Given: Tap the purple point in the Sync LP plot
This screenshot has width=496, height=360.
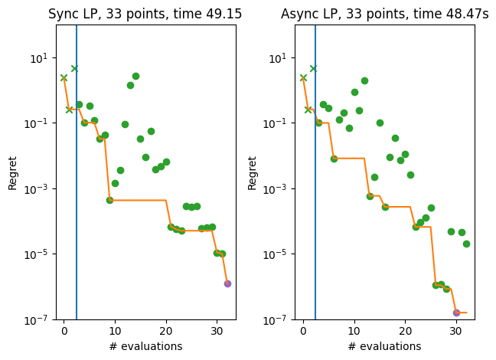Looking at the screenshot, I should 227,283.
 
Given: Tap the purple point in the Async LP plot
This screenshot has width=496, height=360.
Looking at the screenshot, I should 456,313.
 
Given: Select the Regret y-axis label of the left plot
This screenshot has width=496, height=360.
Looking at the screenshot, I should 12,172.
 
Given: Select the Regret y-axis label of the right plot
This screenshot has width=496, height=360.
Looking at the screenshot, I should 252,172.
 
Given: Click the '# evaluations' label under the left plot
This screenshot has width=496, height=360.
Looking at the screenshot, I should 145,346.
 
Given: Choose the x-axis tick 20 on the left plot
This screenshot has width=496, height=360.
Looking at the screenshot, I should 166,331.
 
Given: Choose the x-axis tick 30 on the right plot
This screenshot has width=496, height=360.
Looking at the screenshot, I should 456,331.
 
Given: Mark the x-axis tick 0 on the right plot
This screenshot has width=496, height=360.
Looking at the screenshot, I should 303,331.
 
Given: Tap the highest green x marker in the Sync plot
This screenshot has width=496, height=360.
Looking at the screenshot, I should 74,68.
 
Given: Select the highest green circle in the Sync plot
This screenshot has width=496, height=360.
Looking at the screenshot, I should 135,76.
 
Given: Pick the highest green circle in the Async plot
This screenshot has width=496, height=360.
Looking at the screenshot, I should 364,80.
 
